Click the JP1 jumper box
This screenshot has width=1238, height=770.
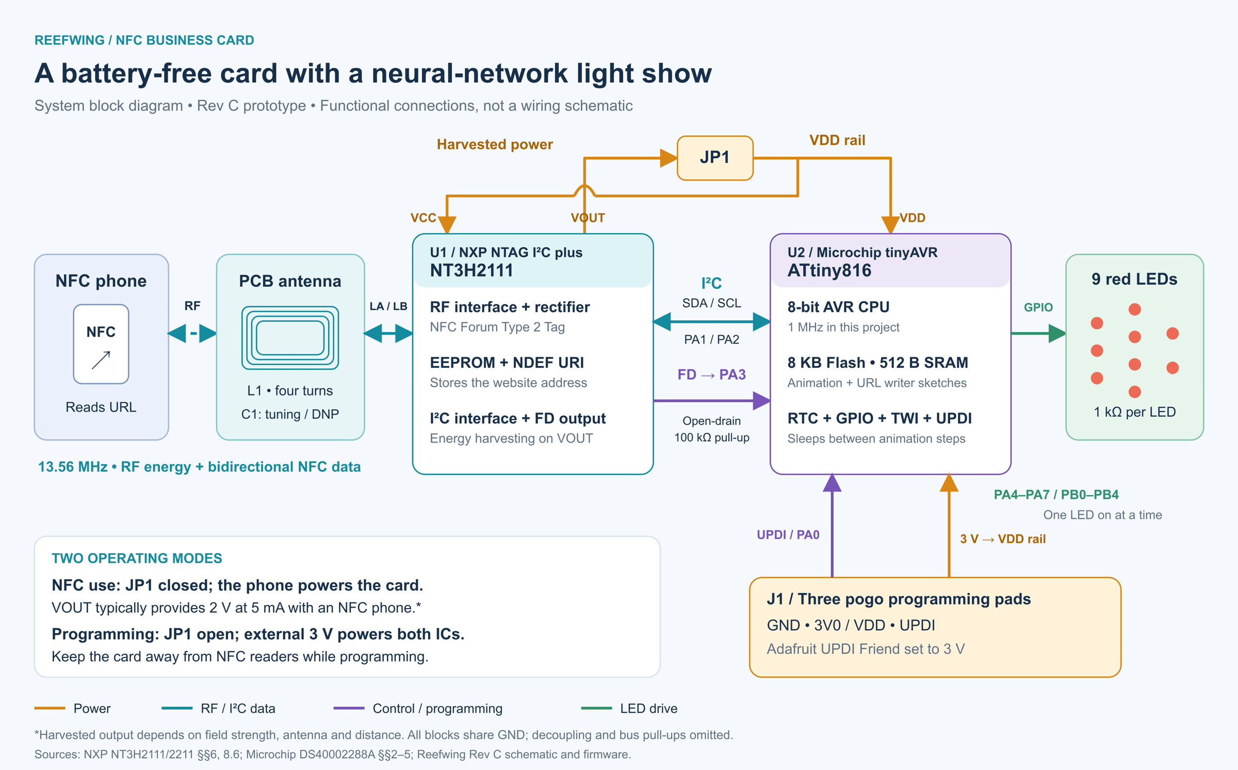715,158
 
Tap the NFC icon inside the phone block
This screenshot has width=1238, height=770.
101,344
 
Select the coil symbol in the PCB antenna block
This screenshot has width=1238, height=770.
290,338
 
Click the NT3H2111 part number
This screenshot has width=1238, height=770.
471,270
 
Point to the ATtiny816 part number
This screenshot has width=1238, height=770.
829,270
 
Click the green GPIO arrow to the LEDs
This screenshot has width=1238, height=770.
1038,334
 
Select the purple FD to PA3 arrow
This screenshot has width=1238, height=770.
712,400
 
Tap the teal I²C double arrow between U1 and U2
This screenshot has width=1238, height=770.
712,321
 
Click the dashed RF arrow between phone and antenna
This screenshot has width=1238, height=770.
192,333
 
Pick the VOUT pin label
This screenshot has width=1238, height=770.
588,218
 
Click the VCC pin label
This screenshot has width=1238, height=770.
423,218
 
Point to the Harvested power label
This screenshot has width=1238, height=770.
495,144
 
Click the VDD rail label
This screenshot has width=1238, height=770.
837,140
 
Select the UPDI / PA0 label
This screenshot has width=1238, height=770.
788,535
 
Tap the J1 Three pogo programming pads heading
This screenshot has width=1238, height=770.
899,599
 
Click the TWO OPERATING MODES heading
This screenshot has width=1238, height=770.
137,558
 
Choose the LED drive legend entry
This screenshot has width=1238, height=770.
629,709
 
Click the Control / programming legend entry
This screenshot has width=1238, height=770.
418,709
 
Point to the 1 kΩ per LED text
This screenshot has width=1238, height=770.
1135,412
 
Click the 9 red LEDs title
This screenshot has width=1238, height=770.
1134,279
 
